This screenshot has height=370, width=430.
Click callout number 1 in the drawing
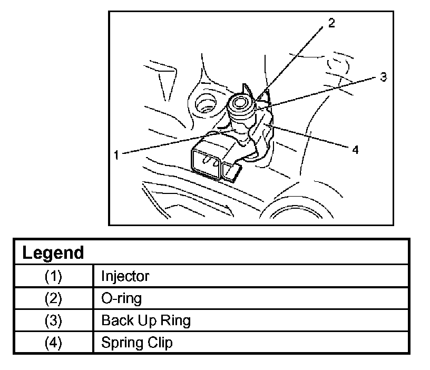tap(116, 154)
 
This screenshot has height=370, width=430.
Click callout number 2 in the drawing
tap(330, 23)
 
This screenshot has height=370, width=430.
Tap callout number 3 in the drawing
tap(384, 77)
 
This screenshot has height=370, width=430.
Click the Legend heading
tap(53, 252)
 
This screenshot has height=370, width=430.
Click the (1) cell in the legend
tap(53, 276)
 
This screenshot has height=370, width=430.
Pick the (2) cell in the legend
tap(53, 298)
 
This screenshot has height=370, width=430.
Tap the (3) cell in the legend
tap(53, 320)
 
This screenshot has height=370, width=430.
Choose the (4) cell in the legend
tap(53, 343)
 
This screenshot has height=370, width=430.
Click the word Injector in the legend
tap(125, 276)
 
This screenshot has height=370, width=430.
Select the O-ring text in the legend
tap(121, 298)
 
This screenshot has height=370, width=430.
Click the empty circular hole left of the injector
tap(204, 104)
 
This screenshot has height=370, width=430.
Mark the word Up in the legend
tap(144, 321)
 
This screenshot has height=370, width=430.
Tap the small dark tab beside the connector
tap(231, 171)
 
